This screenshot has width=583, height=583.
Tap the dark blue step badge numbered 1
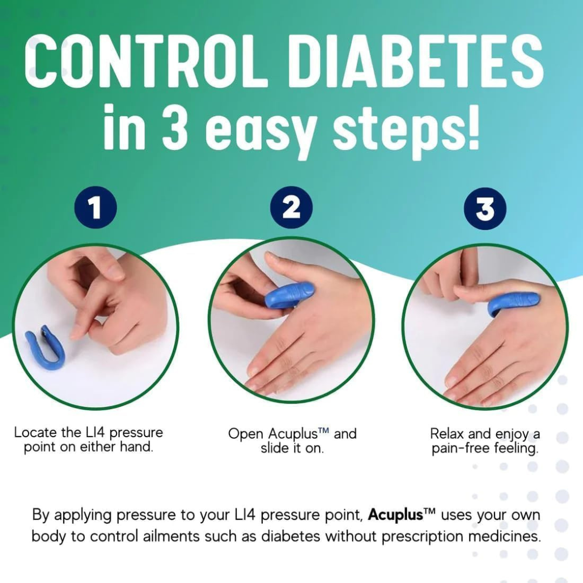tap(96, 208)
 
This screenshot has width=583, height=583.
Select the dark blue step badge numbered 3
tap(485, 208)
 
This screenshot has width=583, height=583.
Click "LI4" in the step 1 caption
tap(93, 432)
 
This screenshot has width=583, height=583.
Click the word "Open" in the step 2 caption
tap(246, 434)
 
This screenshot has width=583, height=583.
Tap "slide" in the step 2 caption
tap(275, 448)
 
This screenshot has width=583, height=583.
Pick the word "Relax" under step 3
tap(447, 433)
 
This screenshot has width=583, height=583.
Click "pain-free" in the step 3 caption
tap(460, 449)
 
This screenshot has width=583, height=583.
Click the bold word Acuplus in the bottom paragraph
tap(395, 514)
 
